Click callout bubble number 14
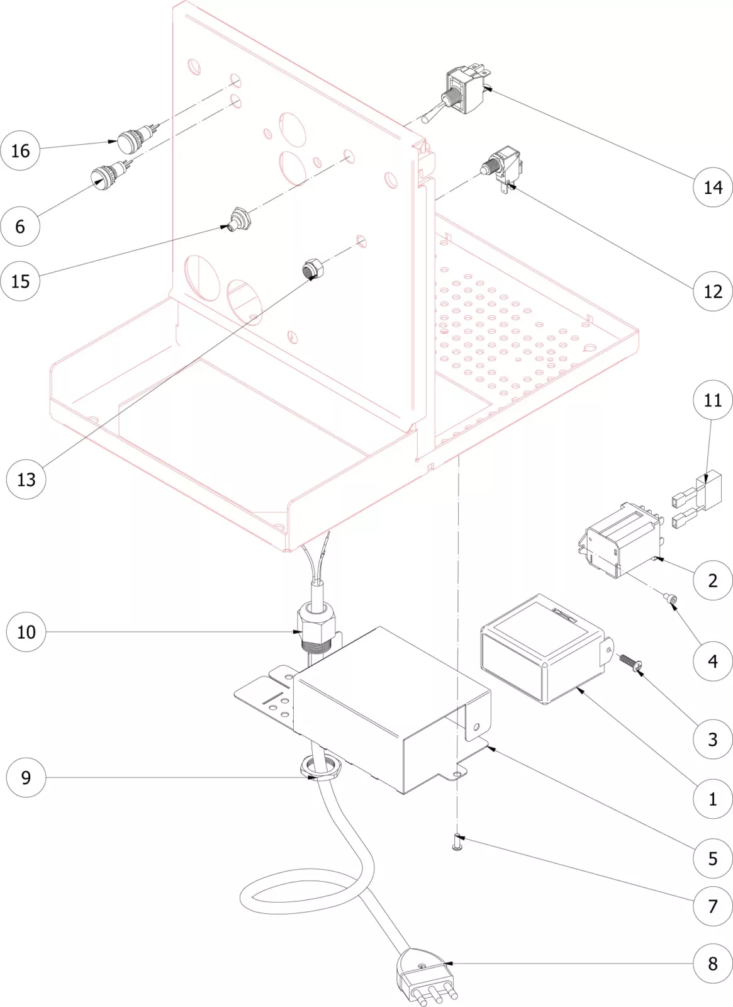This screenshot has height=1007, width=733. (x=713, y=187)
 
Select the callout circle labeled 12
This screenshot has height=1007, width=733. (x=713, y=291)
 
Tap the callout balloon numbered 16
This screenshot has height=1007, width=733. (x=20, y=150)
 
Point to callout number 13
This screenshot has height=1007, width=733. (x=26, y=480)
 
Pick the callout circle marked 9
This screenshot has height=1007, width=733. (x=26, y=777)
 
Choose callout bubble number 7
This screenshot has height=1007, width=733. (x=713, y=906)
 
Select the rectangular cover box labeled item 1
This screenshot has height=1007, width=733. (x=541, y=648)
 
